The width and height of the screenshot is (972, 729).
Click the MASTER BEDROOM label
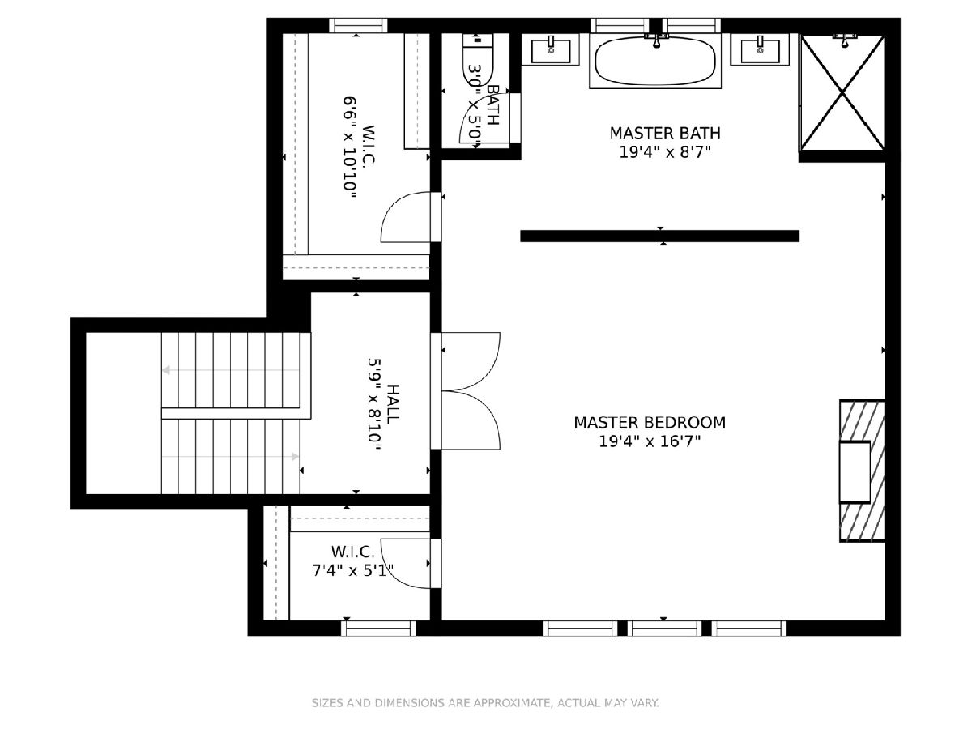pos(649,423)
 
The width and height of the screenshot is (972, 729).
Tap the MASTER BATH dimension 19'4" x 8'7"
pos(664,152)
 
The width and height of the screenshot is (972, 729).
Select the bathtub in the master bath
pos(655,61)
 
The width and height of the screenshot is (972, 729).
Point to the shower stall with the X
pos(842,93)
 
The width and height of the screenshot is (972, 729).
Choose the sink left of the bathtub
pos(551,49)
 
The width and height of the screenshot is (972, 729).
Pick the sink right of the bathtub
pos(760,49)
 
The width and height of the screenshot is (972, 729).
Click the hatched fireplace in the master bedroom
pos(862,471)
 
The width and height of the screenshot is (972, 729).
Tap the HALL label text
pos(393,404)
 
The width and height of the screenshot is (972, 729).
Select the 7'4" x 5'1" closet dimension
pos(353,571)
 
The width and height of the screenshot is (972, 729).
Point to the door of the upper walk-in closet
pos(411,217)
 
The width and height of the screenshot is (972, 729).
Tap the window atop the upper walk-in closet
pos(358,25)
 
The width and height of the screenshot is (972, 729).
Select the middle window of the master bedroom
pos(664,628)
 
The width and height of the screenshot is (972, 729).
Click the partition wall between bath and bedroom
pos(660,237)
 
